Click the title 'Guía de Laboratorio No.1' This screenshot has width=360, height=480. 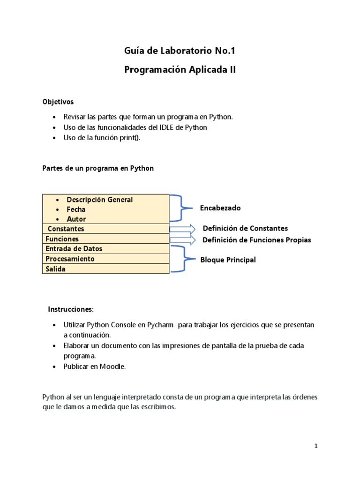point(180,50)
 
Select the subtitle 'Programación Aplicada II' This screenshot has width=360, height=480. point(180,70)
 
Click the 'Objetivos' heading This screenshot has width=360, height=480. point(58,101)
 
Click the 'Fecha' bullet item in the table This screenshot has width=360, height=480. point(76,210)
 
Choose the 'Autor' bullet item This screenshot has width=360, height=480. point(76,219)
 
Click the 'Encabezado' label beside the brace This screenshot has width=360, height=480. point(220,208)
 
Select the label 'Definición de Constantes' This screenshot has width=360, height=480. point(245,228)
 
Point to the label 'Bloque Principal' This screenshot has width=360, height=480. point(228,260)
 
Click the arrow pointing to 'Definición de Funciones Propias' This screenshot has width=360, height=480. point(182,240)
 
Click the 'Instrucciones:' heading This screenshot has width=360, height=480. point(71,309)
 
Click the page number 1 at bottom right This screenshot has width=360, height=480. point(316,446)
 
